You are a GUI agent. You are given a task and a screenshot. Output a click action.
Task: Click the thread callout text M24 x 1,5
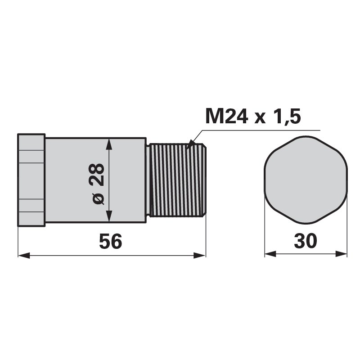[253, 117]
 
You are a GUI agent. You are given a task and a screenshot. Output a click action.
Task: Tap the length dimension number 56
[110, 241]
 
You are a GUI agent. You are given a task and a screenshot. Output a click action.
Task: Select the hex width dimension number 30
[306, 241]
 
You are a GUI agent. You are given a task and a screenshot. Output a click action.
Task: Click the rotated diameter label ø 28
[97, 184]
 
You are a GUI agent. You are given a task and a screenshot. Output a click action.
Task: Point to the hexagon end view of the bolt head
[306, 180]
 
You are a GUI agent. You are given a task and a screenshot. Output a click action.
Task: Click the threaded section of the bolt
[176, 180]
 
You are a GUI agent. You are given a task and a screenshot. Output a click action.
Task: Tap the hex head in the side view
[31, 180]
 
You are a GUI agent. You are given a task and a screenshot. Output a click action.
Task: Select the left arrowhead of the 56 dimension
[24, 255]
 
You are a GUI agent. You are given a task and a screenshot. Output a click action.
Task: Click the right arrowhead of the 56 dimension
[199, 255]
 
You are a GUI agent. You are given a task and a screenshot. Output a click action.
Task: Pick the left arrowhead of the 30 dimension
[270, 254]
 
